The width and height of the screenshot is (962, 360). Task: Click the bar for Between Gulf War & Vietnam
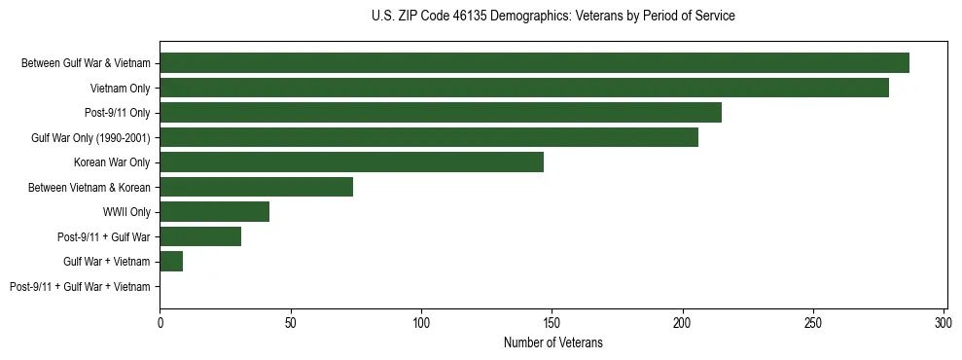point(534,63)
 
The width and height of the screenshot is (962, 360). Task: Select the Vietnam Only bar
point(524,88)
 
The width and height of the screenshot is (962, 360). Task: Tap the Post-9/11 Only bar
point(441,113)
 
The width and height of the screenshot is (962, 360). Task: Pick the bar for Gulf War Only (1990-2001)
point(429,137)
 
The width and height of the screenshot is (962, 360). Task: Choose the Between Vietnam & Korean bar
point(256,187)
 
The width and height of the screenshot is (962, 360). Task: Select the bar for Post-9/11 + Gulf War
point(200,236)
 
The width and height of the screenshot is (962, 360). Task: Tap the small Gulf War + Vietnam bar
point(171,262)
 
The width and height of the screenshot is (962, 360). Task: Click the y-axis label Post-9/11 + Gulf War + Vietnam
point(80,287)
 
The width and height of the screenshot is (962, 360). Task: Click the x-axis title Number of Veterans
point(552,342)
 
